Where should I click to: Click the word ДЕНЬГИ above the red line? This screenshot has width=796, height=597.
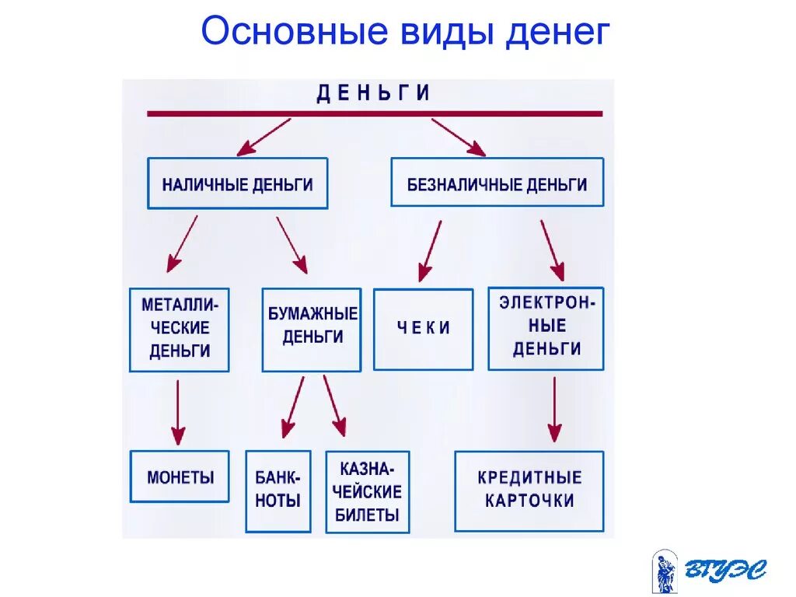point(374,94)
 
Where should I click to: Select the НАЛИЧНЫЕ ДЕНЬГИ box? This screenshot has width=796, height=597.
point(237,184)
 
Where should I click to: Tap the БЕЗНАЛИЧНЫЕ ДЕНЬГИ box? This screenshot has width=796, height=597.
point(497,183)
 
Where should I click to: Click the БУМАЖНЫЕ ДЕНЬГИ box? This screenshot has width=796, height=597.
point(312,330)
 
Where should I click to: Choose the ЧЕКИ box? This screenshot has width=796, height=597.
point(423,329)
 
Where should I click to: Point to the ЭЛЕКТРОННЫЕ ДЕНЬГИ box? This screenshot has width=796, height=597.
point(546,328)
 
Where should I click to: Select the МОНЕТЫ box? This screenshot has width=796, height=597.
point(180,477)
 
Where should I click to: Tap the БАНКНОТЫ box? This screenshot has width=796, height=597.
point(278,491)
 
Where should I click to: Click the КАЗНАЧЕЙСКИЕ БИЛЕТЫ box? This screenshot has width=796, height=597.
point(368,491)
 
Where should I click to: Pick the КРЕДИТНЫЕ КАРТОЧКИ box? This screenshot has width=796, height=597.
point(529,490)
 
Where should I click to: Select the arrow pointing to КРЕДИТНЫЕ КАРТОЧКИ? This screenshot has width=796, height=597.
point(553,410)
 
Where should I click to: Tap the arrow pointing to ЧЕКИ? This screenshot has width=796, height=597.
point(430,250)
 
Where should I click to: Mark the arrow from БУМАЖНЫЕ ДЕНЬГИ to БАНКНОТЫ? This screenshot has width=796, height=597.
point(293,406)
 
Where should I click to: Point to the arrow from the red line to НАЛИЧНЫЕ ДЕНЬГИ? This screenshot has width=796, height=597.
point(264,137)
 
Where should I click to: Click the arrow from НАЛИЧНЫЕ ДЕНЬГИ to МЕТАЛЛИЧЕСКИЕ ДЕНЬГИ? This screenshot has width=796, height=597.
point(183,243)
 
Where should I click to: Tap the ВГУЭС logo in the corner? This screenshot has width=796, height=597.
point(708,571)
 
